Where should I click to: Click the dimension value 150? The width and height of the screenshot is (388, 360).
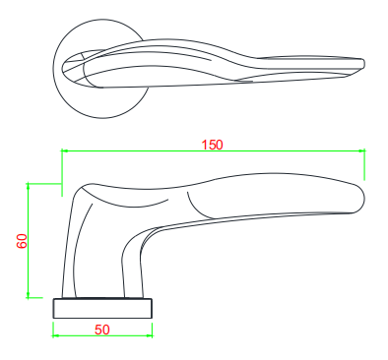[x=212, y=144]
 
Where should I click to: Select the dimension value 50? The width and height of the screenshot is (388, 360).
[x=101, y=330]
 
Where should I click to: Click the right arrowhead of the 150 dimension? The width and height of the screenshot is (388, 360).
[x=362, y=151]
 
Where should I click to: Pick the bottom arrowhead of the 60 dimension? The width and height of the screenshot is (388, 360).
[x=30, y=295]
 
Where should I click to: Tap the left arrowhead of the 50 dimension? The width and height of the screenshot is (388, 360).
[x=55, y=335]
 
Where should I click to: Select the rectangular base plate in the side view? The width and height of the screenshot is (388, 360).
[x=103, y=306]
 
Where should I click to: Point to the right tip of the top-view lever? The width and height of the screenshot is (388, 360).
[x=362, y=65]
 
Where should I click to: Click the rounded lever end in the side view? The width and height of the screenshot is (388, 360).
[x=356, y=196]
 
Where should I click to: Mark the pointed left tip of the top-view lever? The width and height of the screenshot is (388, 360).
[x=65, y=69]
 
